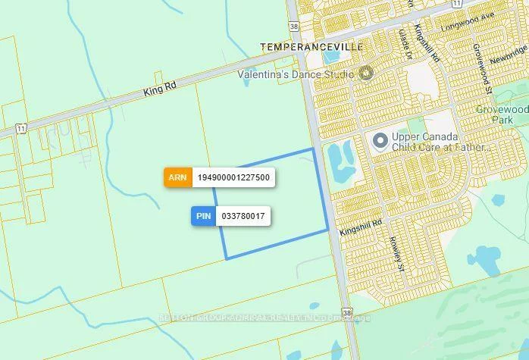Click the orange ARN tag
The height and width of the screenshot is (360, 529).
pos(177,177)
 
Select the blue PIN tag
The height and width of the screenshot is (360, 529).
pos(203,216)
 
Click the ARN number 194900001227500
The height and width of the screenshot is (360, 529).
pos(233,177)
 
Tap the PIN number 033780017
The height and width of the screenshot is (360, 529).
pos(243,216)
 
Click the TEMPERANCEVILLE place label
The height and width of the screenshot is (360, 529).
pos(311,47)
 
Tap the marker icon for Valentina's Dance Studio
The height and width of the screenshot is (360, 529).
pos(368,74)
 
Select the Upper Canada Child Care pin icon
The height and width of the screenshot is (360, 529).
pos(380,142)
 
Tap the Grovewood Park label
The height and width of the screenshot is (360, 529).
pos(502,114)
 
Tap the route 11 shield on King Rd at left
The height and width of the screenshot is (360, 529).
pos(21,129)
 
